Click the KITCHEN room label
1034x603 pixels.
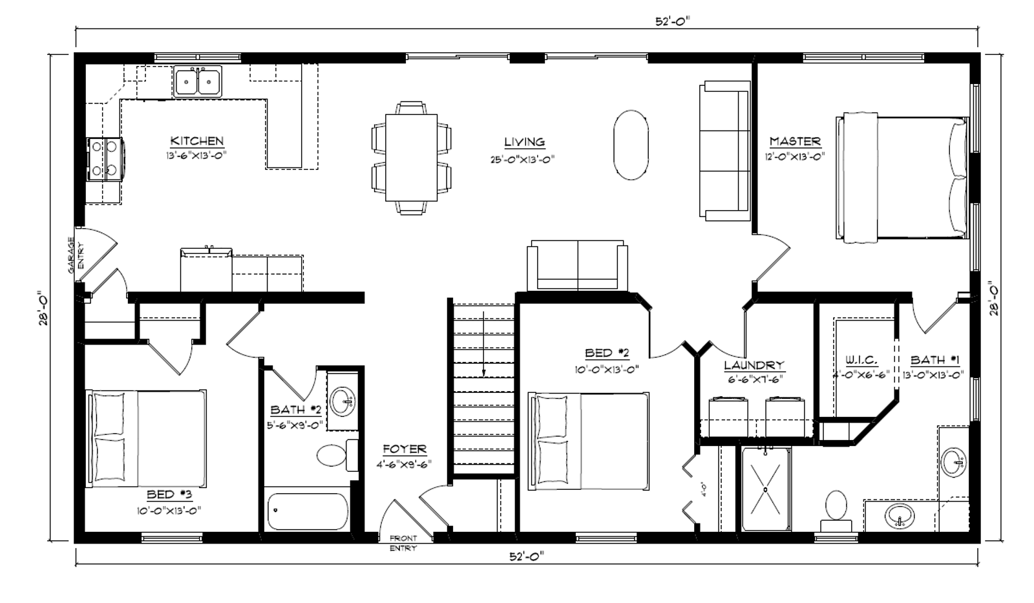pyautogui.click(x=197, y=141)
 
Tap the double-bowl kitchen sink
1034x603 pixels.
pyautogui.click(x=198, y=81)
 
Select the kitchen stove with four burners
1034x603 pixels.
pyautogui.click(x=105, y=159)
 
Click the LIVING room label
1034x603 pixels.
pyautogui.click(x=524, y=142)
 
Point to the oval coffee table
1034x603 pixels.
pyautogui.click(x=631, y=145)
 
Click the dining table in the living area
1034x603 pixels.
pyautogui.click(x=411, y=158)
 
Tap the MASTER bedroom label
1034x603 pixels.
pyautogui.click(x=795, y=141)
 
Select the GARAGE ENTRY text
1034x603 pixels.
pyautogui.click(x=76, y=255)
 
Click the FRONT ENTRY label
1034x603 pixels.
pyautogui.click(x=403, y=543)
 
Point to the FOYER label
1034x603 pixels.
pyautogui.click(x=405, y=449)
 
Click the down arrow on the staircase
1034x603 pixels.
pyautogui.click(x=483, y=344)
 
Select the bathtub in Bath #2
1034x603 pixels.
pyautogui.click(x=308, y=512)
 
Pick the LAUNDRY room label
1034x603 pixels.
pyautogui.click(x=754, y=365)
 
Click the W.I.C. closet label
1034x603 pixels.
pyautogui.click(x=861, y=360)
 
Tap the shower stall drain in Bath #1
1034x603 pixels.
pyautogui.click(x=765, y=489)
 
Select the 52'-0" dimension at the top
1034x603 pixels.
pyautogui.click(x=673, y=21)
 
